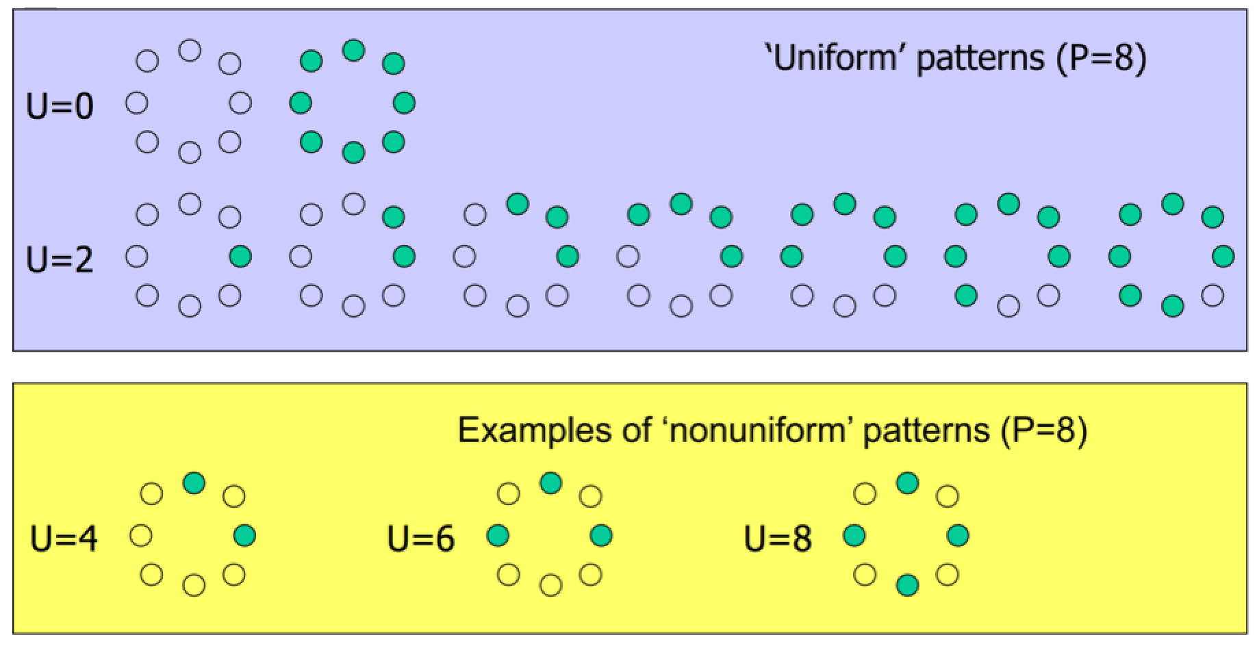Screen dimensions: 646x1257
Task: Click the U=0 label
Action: [60, 107]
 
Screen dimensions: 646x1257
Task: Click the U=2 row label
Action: [60, 260]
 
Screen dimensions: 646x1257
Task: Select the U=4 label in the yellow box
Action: [64, 539]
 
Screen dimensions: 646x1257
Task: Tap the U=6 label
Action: [420, 539]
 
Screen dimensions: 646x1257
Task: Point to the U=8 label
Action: [778, 539]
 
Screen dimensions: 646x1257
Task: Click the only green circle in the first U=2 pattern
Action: [240, 257]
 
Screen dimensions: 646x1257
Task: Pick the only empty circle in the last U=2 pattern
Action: [1212, 296]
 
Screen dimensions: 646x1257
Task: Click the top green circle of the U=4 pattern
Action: [194, 483]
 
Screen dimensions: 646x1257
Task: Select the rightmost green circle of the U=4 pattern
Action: [245, 535]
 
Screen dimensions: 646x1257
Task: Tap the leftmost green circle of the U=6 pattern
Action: [498, 535]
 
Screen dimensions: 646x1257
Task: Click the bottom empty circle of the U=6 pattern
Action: [551, 585]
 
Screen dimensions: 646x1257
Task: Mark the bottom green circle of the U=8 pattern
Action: [907, 585]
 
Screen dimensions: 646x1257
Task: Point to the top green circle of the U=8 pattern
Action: [907, 483]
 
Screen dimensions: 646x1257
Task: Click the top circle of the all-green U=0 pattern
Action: [353, 50]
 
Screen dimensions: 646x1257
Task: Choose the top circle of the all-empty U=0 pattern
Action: [190, 50]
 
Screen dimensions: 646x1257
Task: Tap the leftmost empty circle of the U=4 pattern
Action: [141, 535]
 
